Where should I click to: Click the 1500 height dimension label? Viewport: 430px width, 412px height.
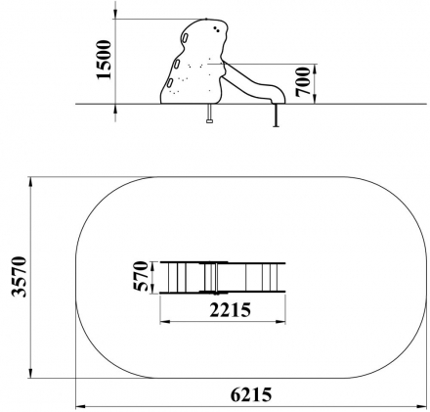(104, 60)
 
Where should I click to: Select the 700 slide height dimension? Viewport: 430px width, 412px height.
(303, 81)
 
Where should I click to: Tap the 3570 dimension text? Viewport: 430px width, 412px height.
(19, 277)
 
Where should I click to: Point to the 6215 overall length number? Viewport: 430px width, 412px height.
(251, 395)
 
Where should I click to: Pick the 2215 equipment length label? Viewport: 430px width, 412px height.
(231, 310)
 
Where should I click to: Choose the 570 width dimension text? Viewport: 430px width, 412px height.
(141, 276)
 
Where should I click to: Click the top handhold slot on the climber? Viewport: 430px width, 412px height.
(186, 38)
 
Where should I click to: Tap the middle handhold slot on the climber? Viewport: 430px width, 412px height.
(177, 65)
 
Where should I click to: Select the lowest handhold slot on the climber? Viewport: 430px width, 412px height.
(170, 83)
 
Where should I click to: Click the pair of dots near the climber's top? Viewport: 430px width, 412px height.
(216, 29)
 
